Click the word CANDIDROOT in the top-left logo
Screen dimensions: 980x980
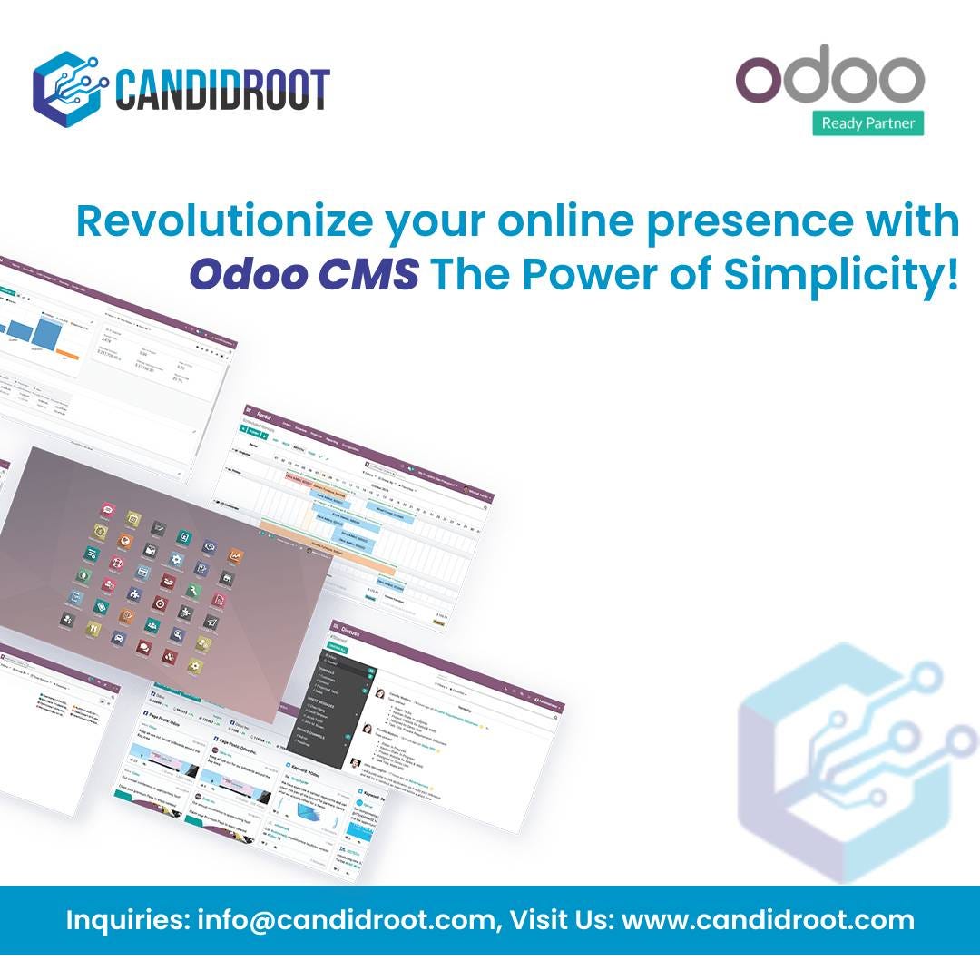pos(221,89)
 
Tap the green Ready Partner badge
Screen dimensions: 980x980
pos(867,122)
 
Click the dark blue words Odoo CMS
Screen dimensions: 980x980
pos(304,274)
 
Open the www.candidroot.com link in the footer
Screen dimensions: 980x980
pos(768,920)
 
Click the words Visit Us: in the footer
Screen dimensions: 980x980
pos(560,920)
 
